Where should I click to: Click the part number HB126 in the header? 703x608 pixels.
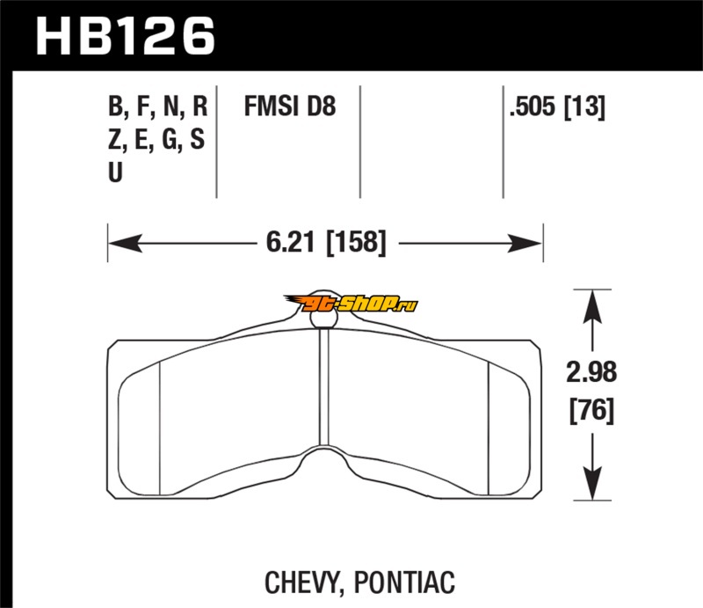click(x=126, y=36)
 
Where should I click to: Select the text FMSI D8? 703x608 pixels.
click(x=290, y=106)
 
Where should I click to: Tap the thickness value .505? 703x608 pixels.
click(x=533, y=106)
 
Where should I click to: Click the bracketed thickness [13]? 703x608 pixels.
click(x=584, y=106)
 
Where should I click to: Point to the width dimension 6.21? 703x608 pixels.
click(x=291, y=242)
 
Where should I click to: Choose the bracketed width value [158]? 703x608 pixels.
click(x=357, y=243)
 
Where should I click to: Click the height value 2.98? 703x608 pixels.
click(x=591, y=372)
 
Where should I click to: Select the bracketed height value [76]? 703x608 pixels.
click(x=591, y=410)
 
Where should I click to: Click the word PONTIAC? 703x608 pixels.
click(x=404, y=582)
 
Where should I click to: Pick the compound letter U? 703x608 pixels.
click(x=115, y=172)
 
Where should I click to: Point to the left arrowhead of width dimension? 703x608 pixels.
click(x=125, y=244)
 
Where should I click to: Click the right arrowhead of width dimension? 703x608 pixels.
click(x=525, y=244)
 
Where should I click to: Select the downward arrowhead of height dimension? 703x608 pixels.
click(x=592, y=483)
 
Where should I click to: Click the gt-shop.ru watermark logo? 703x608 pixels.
click(x=350, y=304)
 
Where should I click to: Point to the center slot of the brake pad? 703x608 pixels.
click(x=324, y=387)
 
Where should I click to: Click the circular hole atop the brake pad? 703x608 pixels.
click(x=323, y=318)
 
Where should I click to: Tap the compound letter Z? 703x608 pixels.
click(x=115, y=139)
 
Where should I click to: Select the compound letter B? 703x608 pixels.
click(x=116, y=106)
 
